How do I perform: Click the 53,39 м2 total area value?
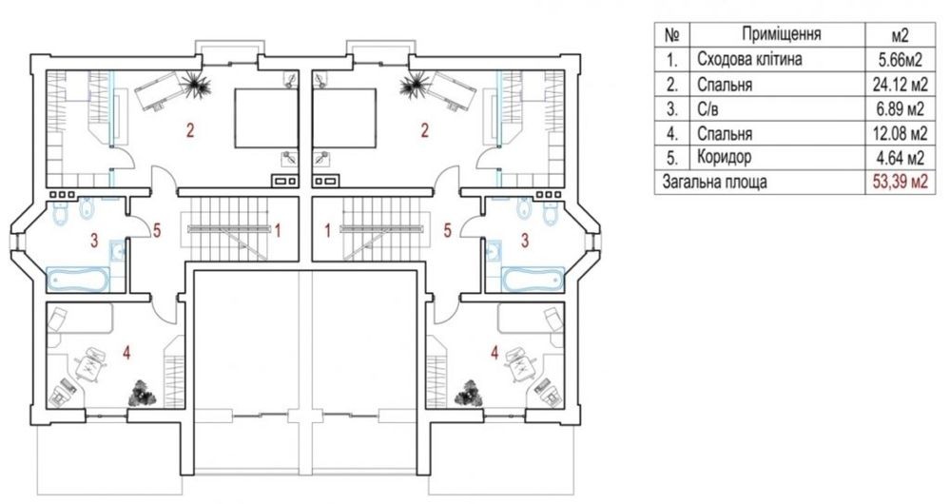tap(899, 182)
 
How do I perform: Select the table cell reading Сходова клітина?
tap(749, 59)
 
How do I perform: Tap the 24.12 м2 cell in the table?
tap(899, 85)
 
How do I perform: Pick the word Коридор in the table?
tap(724, 158)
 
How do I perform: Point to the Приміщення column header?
tap(782, 34)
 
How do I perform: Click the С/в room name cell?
tap(709, 109)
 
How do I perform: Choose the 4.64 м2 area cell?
tap(899, 158)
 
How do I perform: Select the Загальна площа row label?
tap(714, 182)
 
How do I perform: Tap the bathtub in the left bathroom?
tap(77, 279)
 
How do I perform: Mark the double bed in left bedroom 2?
tap(266, 118)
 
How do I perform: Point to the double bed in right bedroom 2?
tap(343, 118)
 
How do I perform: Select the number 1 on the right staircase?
tap(328, 230)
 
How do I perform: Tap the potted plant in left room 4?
tap(144, 393)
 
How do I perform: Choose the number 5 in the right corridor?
tap(448, 230)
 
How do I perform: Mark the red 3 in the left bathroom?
tap(94, 240)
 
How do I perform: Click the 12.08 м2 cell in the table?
tap(899, 133)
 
